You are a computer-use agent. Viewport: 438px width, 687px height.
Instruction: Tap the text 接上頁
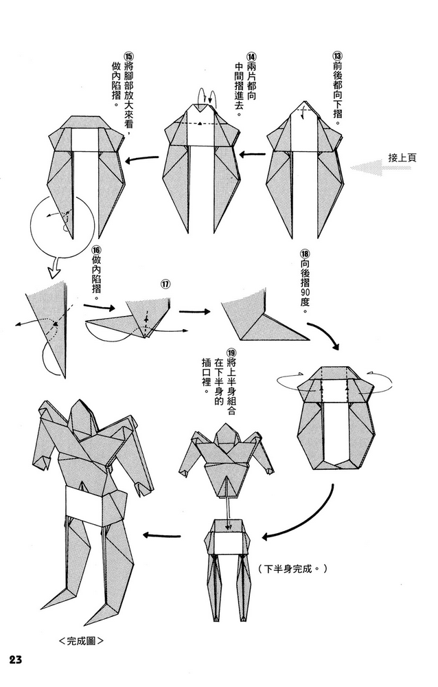point(402,157)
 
